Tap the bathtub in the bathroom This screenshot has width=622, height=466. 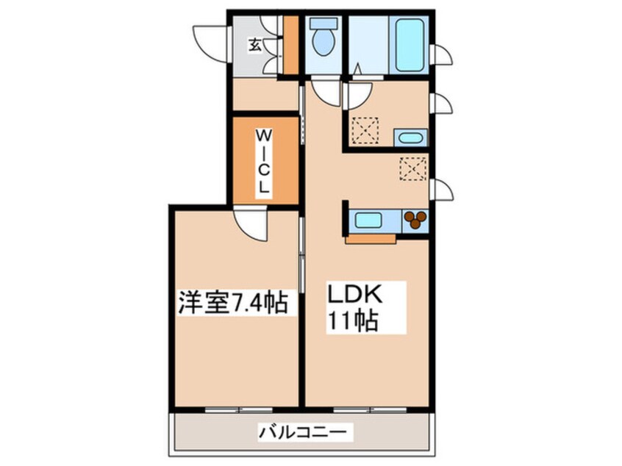pyautogui.click(x=410, y=45)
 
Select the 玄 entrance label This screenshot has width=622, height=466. pyautogui.click(x=255, y=45)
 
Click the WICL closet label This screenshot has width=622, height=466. pyautogui.click(x=264, y=162)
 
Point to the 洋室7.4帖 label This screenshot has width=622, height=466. pyautogui.click(x=232, y=302)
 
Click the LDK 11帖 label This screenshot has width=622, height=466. pyautogui.click(x=355, y=307)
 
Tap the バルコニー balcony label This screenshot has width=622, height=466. pyautogui.click(x=305, y=431)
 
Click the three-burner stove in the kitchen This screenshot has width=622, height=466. pyautogui.click(x=415, y=220)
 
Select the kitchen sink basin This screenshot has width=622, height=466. pyautogui.click(x=368, y=220)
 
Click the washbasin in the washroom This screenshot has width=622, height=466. pyautogui.click(x=410, y=138)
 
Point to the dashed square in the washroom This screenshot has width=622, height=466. pyautogui.click(x=365, y=130)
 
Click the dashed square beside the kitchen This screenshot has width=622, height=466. pyautogui.click(x=413, y=169)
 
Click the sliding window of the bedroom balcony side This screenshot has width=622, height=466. pyautogui.click(x=239, y=410)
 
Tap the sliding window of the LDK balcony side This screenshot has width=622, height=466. pyautogui.click(x=370, y=410)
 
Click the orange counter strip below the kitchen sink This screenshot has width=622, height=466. pyautogui.click(x=371, y=239)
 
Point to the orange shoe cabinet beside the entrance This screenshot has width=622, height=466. pyautogui.click(x=291, y=45)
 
